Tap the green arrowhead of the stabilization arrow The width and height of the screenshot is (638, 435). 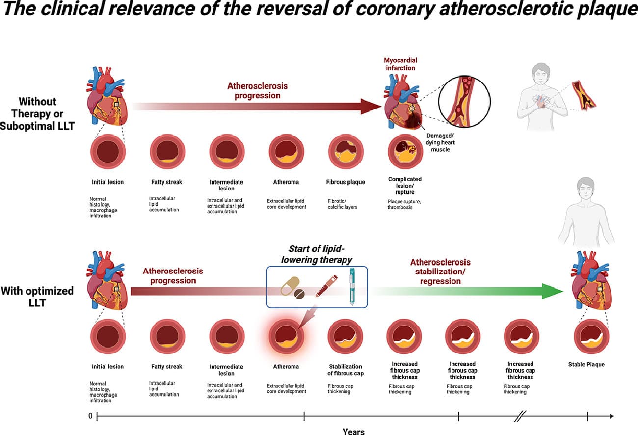[x=553, y=291]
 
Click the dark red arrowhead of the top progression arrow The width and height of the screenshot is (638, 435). [x=371, y=106]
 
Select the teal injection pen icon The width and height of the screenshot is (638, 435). [x=353, y=287]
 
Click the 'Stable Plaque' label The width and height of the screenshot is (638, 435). [x=586, y=365]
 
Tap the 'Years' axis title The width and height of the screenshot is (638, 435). [x=353, y=432]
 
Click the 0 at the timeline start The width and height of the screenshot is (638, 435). [x=90, y=416]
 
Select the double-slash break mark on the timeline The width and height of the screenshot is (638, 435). [x=521, y=416]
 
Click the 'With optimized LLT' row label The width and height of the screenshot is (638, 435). [x=37, y=297]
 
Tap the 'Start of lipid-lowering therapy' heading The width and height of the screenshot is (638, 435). [x=317, y=254]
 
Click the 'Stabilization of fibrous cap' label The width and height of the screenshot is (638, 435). [x=345, y=370]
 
